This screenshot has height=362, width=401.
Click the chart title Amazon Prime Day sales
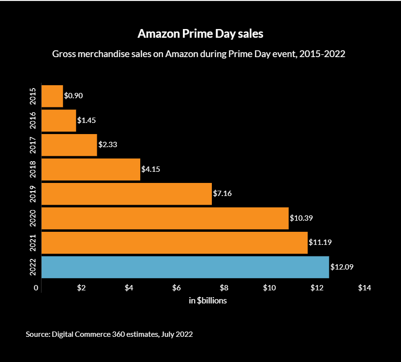(200, 34)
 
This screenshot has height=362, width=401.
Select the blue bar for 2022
(185, 267)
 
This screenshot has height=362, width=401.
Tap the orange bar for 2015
(52, 96)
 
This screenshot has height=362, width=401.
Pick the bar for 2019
(127, 194)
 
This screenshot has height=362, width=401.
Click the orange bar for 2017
(69, 145)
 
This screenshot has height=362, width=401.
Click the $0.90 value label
(74, 96)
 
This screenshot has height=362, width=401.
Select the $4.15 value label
(150, 169)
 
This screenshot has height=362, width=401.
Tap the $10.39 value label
(301, 218)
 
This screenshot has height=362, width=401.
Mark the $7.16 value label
(223, 194)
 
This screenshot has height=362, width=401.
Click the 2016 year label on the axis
(33, 121)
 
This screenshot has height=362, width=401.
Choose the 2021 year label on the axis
(33, 242)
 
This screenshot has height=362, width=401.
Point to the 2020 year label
(33, 218)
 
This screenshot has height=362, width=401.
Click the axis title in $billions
(208, 301)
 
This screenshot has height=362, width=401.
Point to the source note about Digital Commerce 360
(109, 334)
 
